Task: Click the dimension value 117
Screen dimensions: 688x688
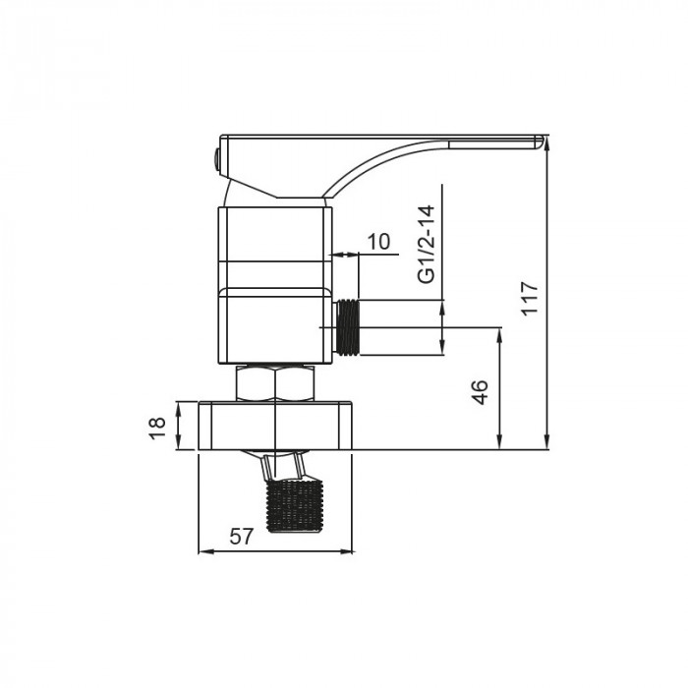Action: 531,297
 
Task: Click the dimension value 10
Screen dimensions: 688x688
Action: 378,242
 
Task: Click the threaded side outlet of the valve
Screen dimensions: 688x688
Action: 347,326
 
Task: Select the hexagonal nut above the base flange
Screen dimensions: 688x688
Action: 276,382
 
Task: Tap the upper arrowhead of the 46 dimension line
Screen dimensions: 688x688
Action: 502,334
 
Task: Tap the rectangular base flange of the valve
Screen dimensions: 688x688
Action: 276,425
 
